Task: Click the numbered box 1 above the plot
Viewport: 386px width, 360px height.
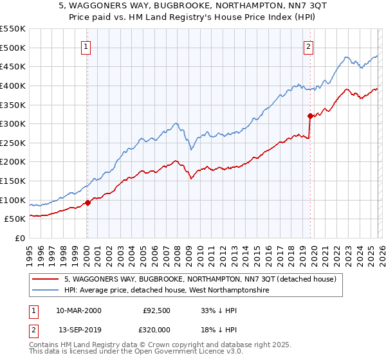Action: click(86, 46)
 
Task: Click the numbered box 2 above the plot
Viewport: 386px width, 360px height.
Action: click(309, 46)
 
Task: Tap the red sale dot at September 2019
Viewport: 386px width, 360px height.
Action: click(310, 116)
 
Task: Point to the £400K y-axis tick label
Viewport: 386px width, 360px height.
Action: click(13, 85)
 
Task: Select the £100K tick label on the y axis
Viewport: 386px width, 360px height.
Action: click(13, 200)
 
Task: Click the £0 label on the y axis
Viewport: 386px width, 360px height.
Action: click(21, 238)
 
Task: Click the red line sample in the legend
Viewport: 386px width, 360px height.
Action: click(46, 280)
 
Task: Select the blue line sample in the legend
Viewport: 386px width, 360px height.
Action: click(46, 291)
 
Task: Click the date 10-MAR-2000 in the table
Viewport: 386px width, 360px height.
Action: click(78, 310)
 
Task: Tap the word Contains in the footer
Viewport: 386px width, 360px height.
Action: click(45, 346)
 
